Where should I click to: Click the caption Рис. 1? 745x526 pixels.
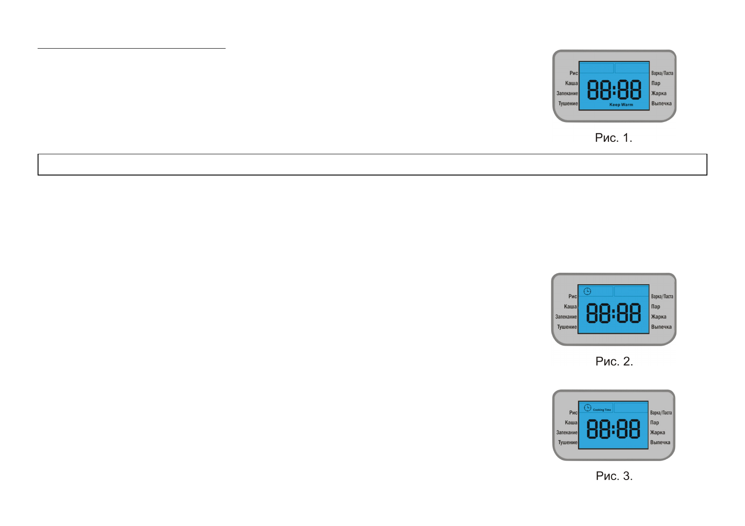[x=613, y=138]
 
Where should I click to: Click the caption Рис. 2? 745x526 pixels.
[x=614, y=362]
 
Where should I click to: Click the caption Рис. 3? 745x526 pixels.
[x=614, y=476]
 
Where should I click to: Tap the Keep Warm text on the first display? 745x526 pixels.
[x=621, y=105]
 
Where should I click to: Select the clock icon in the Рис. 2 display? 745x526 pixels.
[x=587, y=291]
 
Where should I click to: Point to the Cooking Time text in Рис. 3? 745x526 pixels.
[x=602, y=410]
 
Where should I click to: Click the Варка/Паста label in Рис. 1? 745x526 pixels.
[x=662, y=73]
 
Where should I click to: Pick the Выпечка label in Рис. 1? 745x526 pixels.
[x=661, y=103]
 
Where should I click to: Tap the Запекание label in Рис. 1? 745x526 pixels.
[x=567, y=93]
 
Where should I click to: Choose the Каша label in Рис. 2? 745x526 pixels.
[x=570, y=306]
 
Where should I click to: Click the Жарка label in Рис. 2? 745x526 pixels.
[x=658, y=317]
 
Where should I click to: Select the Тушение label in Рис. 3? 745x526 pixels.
[x=568, y=442]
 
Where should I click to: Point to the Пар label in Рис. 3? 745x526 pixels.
[x=654, y=423]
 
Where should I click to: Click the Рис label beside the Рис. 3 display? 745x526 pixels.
[x=573, y=412]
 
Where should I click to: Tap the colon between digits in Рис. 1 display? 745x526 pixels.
[x=614, y=90]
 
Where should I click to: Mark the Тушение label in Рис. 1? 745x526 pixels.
[x=568, y=103]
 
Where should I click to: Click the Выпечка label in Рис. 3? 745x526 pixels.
[x=660, y=442]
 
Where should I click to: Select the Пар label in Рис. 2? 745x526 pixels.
[x=655, y=306]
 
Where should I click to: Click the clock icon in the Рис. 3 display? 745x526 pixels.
[x=588, y=408]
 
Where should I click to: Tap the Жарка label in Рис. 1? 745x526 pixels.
[x=658, y=93]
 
